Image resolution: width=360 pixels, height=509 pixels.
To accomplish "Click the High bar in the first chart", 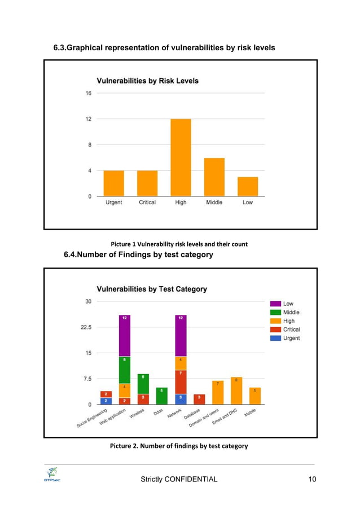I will pos(181,157).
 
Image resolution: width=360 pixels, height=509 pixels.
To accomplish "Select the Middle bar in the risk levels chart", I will pos(214,177).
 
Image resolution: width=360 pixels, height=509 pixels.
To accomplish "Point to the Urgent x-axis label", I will pos(114,203).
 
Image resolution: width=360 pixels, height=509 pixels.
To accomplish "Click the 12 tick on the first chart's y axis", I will pos(89,119).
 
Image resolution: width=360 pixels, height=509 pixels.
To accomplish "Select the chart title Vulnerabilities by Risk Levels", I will pos(148,81).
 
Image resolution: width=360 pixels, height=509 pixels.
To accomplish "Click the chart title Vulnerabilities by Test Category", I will pos(152,289).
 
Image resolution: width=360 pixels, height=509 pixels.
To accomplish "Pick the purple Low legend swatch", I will pos(275,304).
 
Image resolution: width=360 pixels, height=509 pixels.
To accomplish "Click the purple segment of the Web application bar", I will pos(124,336).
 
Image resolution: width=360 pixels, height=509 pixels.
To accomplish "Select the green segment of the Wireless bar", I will pos(143,384).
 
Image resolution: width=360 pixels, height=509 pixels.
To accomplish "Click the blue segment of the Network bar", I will pos(181,399).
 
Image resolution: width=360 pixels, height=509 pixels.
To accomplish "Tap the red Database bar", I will pos(199,399).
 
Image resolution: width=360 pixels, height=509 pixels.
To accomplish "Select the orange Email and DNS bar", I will pos(236,390).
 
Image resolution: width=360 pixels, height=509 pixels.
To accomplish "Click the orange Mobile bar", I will pos(255,396).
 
